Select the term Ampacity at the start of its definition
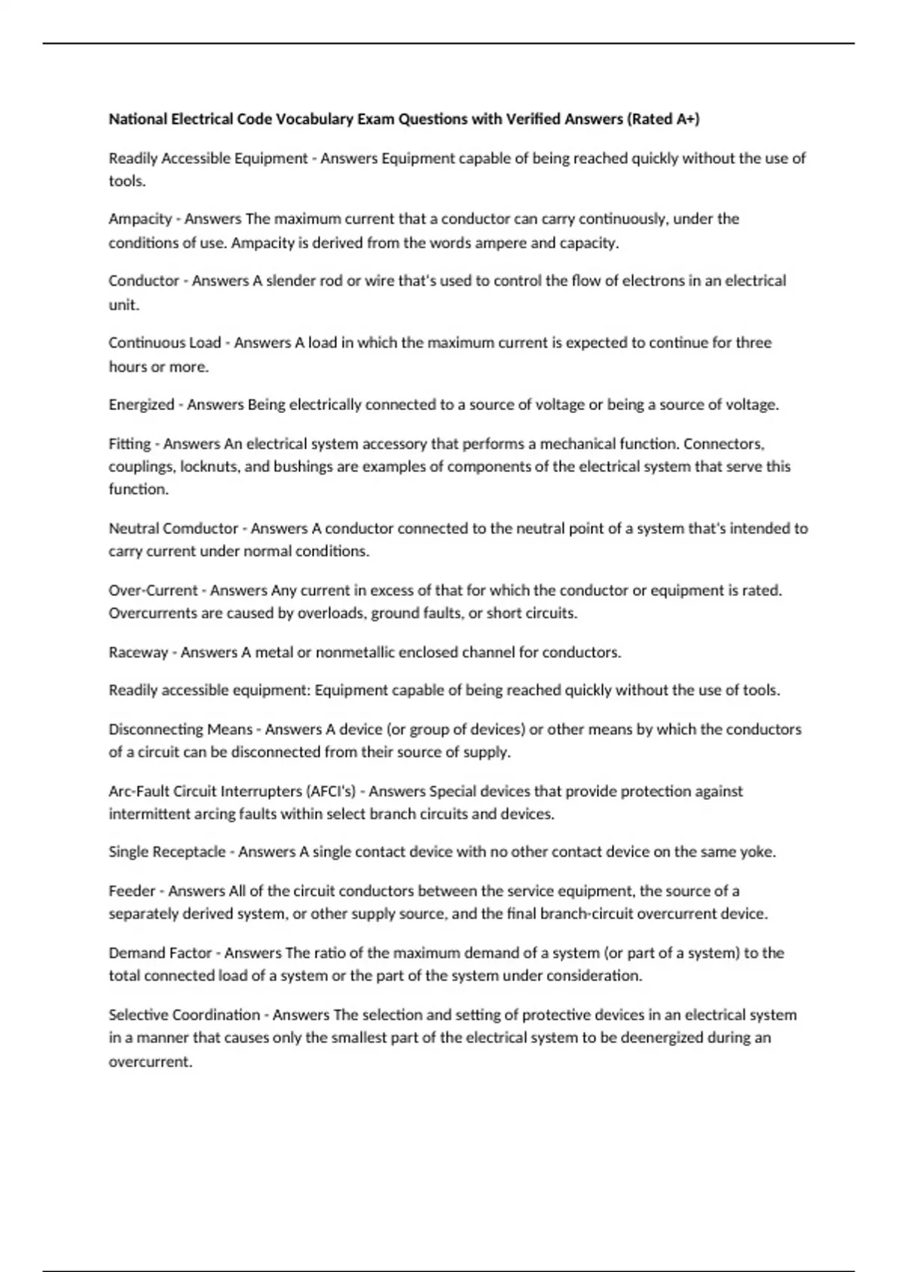click(x=140, y=219)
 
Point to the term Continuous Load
click(x=165, y=343)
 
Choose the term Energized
click(x=141, y=405)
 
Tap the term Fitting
click(x=129, y=444)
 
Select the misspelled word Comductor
click(x=200, y=528)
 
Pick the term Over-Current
click(x=153, y=590)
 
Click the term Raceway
click(x=138, y=652)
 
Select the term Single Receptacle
click(x=167, y=852)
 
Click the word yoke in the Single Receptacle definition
click(x=757, y=852)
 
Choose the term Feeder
click(x=132, y=891)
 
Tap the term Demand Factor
click(x=160, y=953)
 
